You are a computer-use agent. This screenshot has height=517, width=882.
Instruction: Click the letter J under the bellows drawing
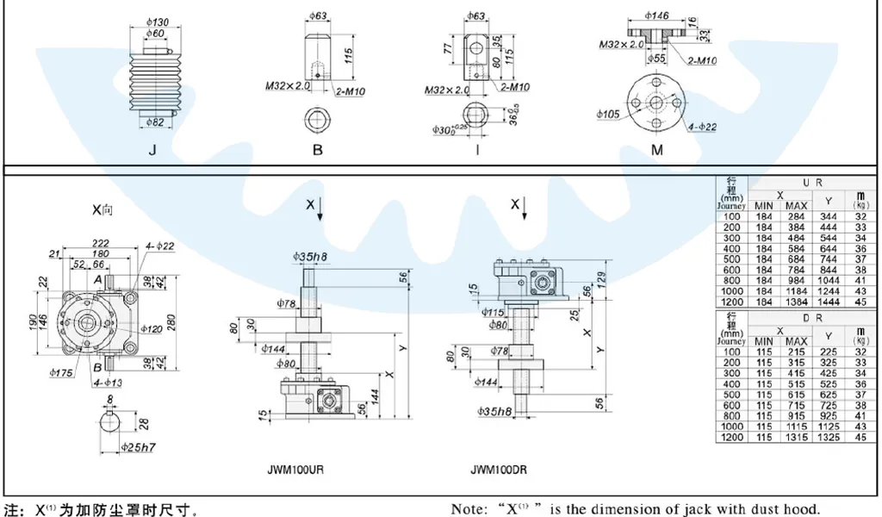152,149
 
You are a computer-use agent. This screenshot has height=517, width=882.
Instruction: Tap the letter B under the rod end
318,149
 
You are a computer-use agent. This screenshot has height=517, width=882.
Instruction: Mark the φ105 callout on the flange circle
607,113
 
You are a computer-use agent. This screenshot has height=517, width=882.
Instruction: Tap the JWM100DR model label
500,470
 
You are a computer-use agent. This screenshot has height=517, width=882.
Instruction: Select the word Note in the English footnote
469,508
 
